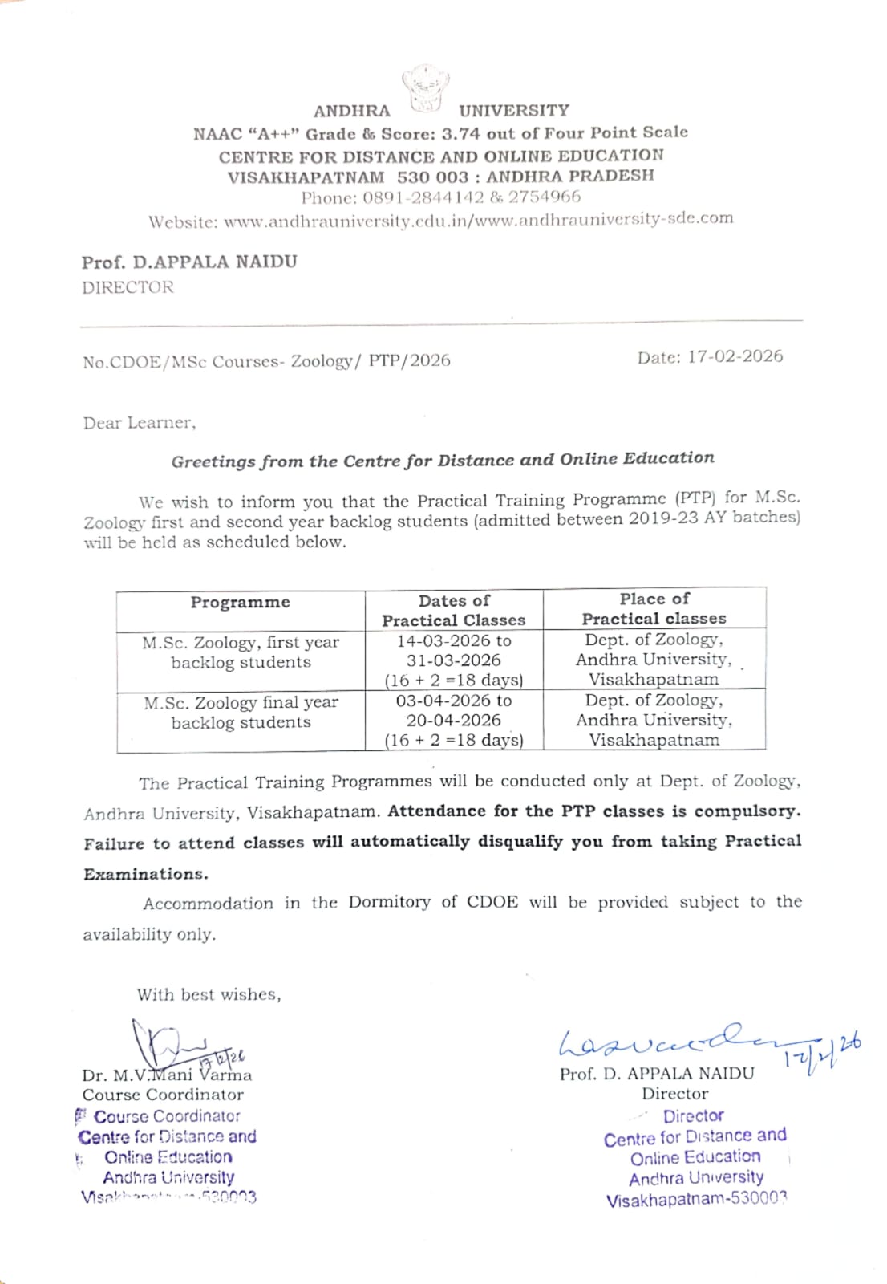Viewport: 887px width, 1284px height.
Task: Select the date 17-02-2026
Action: pyautogui.click(x=735, y=357)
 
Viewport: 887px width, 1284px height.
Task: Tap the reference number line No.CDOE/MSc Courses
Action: pyautogui.click(x=266, y=362)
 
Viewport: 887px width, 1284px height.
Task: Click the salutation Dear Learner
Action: pyautogui.click(x=139, y=423)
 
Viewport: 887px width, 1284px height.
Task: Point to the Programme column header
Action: pyautogui.click(x=240, y=603)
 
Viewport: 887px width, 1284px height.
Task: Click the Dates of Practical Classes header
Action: pyautogui.click(x=453, y=610)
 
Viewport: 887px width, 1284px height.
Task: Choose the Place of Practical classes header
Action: pyautogui.click(x=654, y=608)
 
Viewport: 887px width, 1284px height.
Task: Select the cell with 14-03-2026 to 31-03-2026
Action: pyautogui.click(x=454, y=660)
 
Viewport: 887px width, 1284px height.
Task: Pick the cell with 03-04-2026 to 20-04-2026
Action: pyautogui.click(x=454, y=720)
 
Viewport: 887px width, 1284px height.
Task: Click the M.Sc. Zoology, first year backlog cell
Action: pyautogui.click(x=241, y=652)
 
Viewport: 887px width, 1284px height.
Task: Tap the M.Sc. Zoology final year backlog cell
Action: pyautogui.click(x=241, y=713)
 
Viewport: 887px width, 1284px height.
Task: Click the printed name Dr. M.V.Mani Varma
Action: pyautogui.click(x=167, y=1075)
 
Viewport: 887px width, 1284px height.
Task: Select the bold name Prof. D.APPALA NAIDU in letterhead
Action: pyautogui.click(x=189, y=262)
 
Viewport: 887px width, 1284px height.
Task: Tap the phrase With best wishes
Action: pyautogui.click(x=209, y=995)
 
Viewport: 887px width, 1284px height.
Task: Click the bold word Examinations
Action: pyautogui.click(x=145, y=874)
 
